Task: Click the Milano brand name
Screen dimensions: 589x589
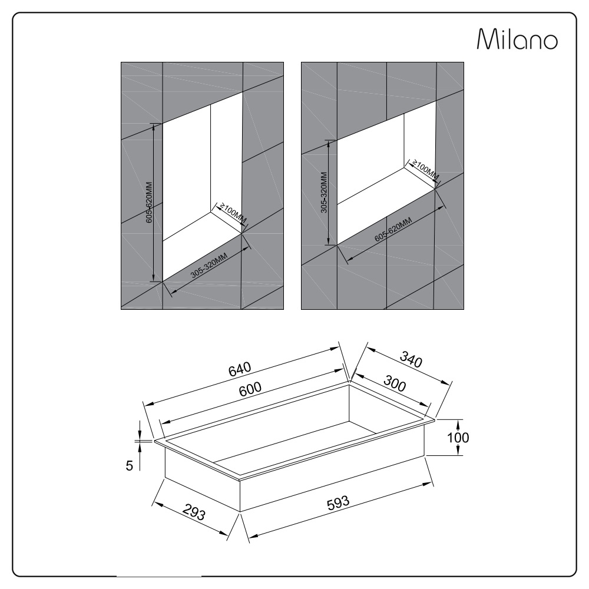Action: pos(517,39)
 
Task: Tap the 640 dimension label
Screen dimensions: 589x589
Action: pos(240,369)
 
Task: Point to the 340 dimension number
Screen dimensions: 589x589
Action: pos(411,359)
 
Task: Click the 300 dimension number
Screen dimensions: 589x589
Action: pos(395,383)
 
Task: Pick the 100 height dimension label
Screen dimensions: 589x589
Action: pos(458,438)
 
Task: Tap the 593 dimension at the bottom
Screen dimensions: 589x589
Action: pos(338,504)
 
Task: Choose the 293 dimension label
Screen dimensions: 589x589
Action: pos(194,512)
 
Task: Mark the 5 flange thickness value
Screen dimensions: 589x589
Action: pos(129,466)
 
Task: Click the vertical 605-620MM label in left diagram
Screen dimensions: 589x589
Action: pos(149,203)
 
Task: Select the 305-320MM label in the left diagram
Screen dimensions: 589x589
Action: pos(209,266)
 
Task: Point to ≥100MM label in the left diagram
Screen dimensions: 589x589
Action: pos(233,214)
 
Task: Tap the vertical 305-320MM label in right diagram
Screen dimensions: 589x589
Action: pos(324,193)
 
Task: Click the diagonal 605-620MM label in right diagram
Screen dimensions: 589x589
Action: pos(393,230)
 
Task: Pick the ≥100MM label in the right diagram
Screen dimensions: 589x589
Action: pos(425,170)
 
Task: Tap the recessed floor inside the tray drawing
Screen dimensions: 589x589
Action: pos(297,445)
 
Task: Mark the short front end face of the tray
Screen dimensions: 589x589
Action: pos(203,477)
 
